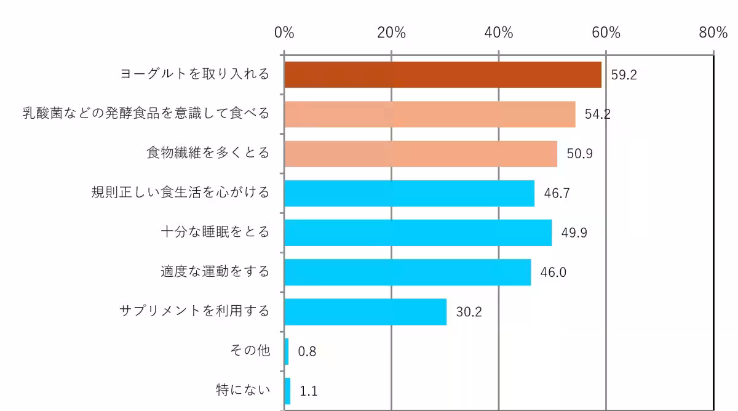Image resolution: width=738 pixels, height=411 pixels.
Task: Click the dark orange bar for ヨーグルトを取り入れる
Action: click(443, 74)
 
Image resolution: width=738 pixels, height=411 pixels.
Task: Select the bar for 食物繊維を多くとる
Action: click(421, 154)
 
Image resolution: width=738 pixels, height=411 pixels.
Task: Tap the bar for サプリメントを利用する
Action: click(365, 311)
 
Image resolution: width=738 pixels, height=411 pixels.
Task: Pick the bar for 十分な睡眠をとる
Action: click(418, 233)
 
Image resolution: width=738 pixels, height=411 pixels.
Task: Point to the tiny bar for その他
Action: click(287, 351)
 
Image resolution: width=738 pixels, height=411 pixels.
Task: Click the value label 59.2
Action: click(624, 75)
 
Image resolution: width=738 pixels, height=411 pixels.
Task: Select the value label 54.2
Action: click(597, 114)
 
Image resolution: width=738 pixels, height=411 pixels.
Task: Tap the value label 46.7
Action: click(557, 193)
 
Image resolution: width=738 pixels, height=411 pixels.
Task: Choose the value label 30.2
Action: click(469, 312)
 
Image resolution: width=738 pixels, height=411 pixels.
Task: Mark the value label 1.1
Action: click(308, 391)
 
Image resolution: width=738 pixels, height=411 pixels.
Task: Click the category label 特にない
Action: click(243, 390)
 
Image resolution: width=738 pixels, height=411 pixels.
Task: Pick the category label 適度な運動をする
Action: click(215, 271)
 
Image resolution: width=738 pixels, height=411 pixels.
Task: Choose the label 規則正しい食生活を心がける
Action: click(180, 193)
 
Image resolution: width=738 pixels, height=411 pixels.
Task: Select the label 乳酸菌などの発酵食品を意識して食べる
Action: click(146, 114)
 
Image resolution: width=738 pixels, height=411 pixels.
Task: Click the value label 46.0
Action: click(553, 273)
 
